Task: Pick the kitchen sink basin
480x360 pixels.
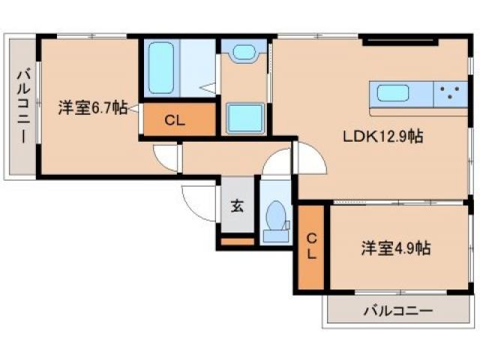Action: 393,94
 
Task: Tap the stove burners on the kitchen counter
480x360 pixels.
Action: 450,94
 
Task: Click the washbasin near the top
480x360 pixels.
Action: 244,53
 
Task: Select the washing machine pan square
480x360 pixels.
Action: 244,118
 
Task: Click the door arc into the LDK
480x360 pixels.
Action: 309,159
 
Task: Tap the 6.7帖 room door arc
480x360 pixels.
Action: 166,157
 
